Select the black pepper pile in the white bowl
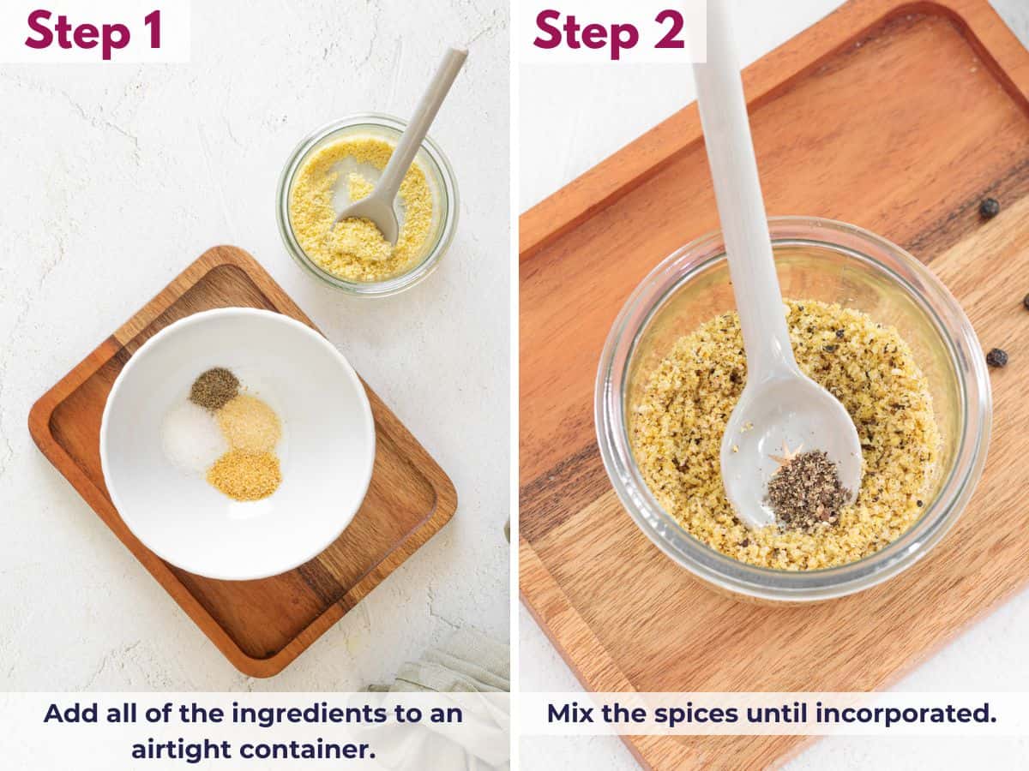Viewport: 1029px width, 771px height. (214, 388)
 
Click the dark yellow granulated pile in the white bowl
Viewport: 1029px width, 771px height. (244, 475)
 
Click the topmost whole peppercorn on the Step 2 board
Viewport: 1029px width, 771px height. (989, 207)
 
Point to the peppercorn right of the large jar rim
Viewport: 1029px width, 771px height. (996, 357)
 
